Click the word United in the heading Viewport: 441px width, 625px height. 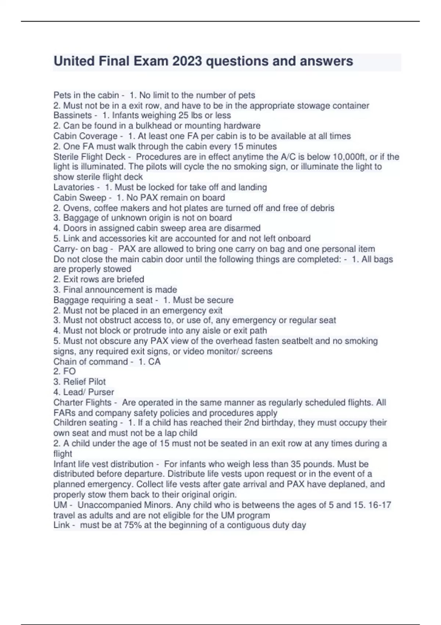[x=74, y=61]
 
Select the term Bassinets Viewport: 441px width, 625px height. [x=72, y=115]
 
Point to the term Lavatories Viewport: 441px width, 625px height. [x=74, y=187]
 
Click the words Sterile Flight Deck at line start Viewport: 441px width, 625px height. [x=89, y=157]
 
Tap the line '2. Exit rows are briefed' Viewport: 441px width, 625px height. [x=98, y=279]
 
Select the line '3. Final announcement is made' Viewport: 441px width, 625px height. [x=115, y=290]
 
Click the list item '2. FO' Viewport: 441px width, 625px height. [x=65, y=372]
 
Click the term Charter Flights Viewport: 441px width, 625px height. [x=82, y=403]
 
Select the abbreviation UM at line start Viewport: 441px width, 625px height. [x=60, y=505]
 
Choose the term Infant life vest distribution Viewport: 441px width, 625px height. [x=103, y=464]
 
